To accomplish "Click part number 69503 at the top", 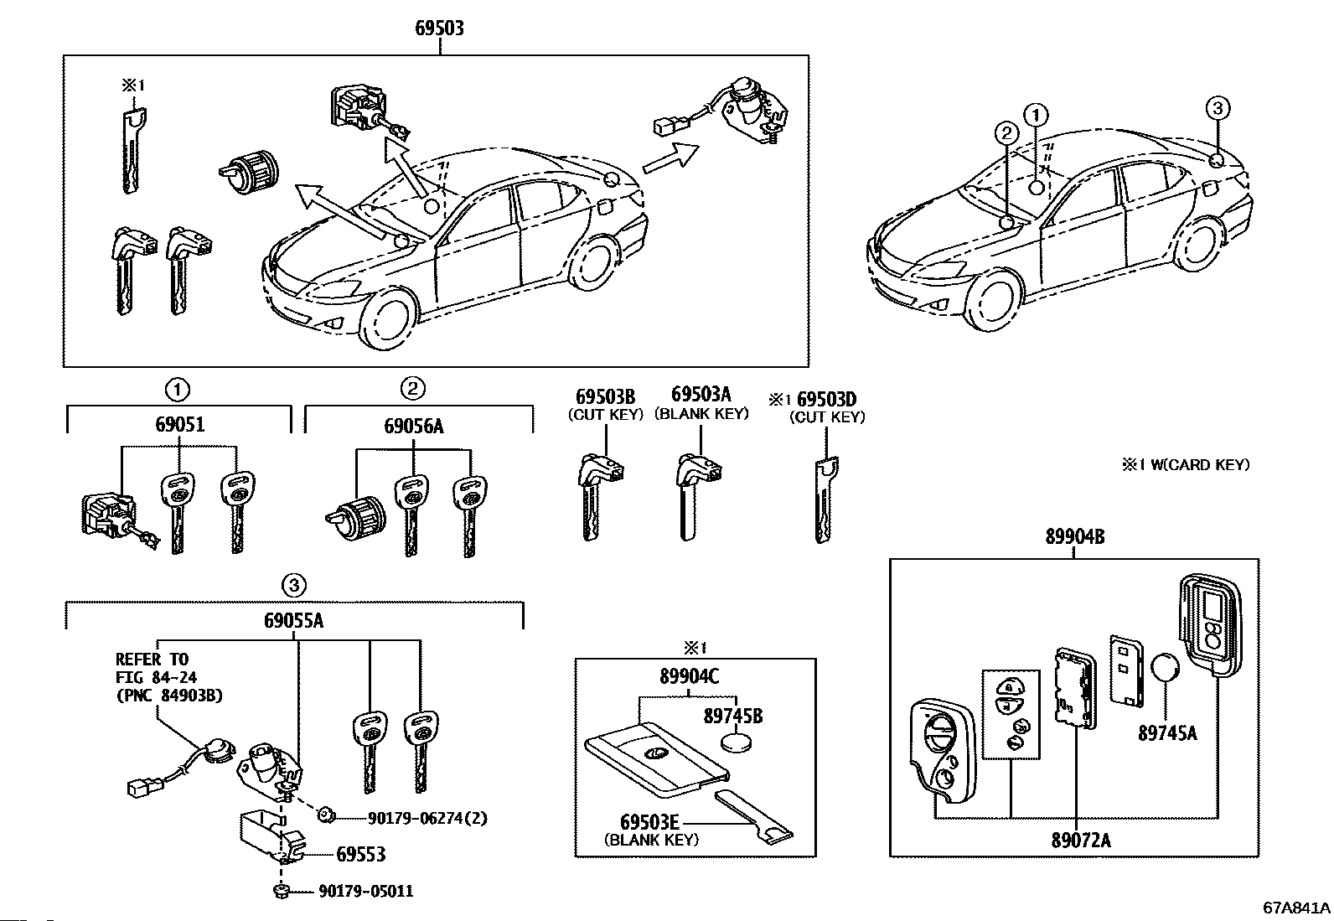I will pyautogui.click(x=439, y=28).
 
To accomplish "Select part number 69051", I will pyautogui.click(x=179, y=425).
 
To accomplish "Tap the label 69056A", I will pyautogui.click(x=414, y=426).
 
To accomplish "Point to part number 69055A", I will pyautogui.click(x=294, y=620).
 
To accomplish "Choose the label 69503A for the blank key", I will pyautogui.click(x=701, y=395).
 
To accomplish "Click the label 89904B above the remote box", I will pyautogui.click(x=1073, y=537).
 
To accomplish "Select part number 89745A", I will pyautogui.click(x=1167, y=733).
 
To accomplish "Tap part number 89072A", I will pyautogui.click(x=1081, y=839).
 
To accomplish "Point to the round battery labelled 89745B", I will pyautogui.click(x=738, y=742).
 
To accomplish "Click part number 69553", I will pyautogui.click(x=360, y=854).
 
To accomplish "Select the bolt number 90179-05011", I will pyautogui.click(x=365, y=891).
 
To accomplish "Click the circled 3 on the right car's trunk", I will pyautogui.click(x=1218, y=107).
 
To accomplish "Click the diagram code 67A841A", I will pyautogui.click(x=1296, y=908).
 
